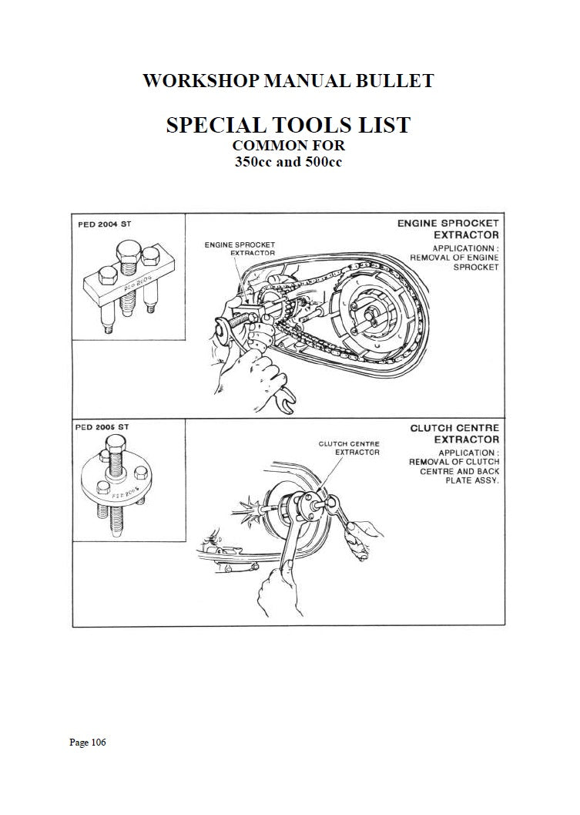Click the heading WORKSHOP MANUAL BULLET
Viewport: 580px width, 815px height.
(288, 81)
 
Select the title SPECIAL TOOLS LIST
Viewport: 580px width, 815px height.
(288, 124)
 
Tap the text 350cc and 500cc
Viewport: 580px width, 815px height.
(288, 163)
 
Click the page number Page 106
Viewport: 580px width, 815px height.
(87, 743)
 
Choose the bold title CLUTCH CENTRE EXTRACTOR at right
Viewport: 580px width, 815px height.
(454, 433)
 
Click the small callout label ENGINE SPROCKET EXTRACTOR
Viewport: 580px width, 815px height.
(240, 248)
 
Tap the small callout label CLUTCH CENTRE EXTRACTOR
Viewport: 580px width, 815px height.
(349, 448)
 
